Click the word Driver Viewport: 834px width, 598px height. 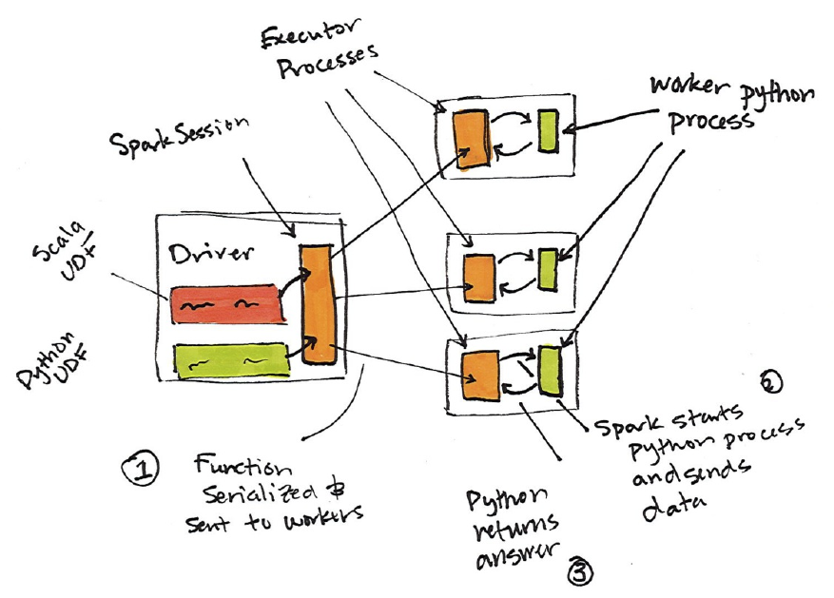pyautogui.click(x=211, y=256)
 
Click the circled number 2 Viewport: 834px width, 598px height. pyautogui.click(x=771, y=383)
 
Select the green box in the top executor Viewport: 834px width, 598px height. pyautogui.click(x=547, y=131)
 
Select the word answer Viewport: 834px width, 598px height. pyautogui.click(x=518, y=555)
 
